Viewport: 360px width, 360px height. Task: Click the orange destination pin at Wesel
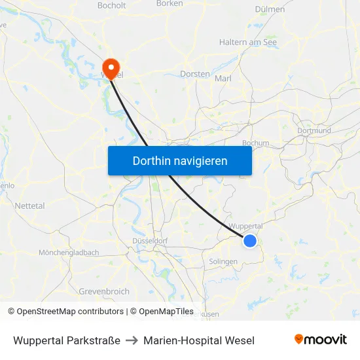[111, 67]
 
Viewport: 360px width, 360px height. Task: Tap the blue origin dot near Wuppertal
[250, 241]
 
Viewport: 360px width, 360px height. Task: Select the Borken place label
[170, 3]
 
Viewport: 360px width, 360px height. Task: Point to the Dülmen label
[269, 9]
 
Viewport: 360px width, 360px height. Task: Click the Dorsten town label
[195, 74]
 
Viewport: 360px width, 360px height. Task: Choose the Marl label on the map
[223, 77]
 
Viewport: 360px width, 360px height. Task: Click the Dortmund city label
[314, 130]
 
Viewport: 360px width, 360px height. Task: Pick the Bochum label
[255, 143]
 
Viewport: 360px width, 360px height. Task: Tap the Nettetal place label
[30, 206]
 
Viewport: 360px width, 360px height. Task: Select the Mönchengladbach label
[69, 253]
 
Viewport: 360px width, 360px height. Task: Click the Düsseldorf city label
[150, 241]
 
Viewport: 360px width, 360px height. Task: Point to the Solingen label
[223, 262]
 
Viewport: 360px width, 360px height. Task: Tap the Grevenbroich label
[104, 291]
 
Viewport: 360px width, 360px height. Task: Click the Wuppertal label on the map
[247, 226]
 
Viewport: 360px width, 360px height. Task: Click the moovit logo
[320, 340]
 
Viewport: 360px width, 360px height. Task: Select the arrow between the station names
[132, 340]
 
